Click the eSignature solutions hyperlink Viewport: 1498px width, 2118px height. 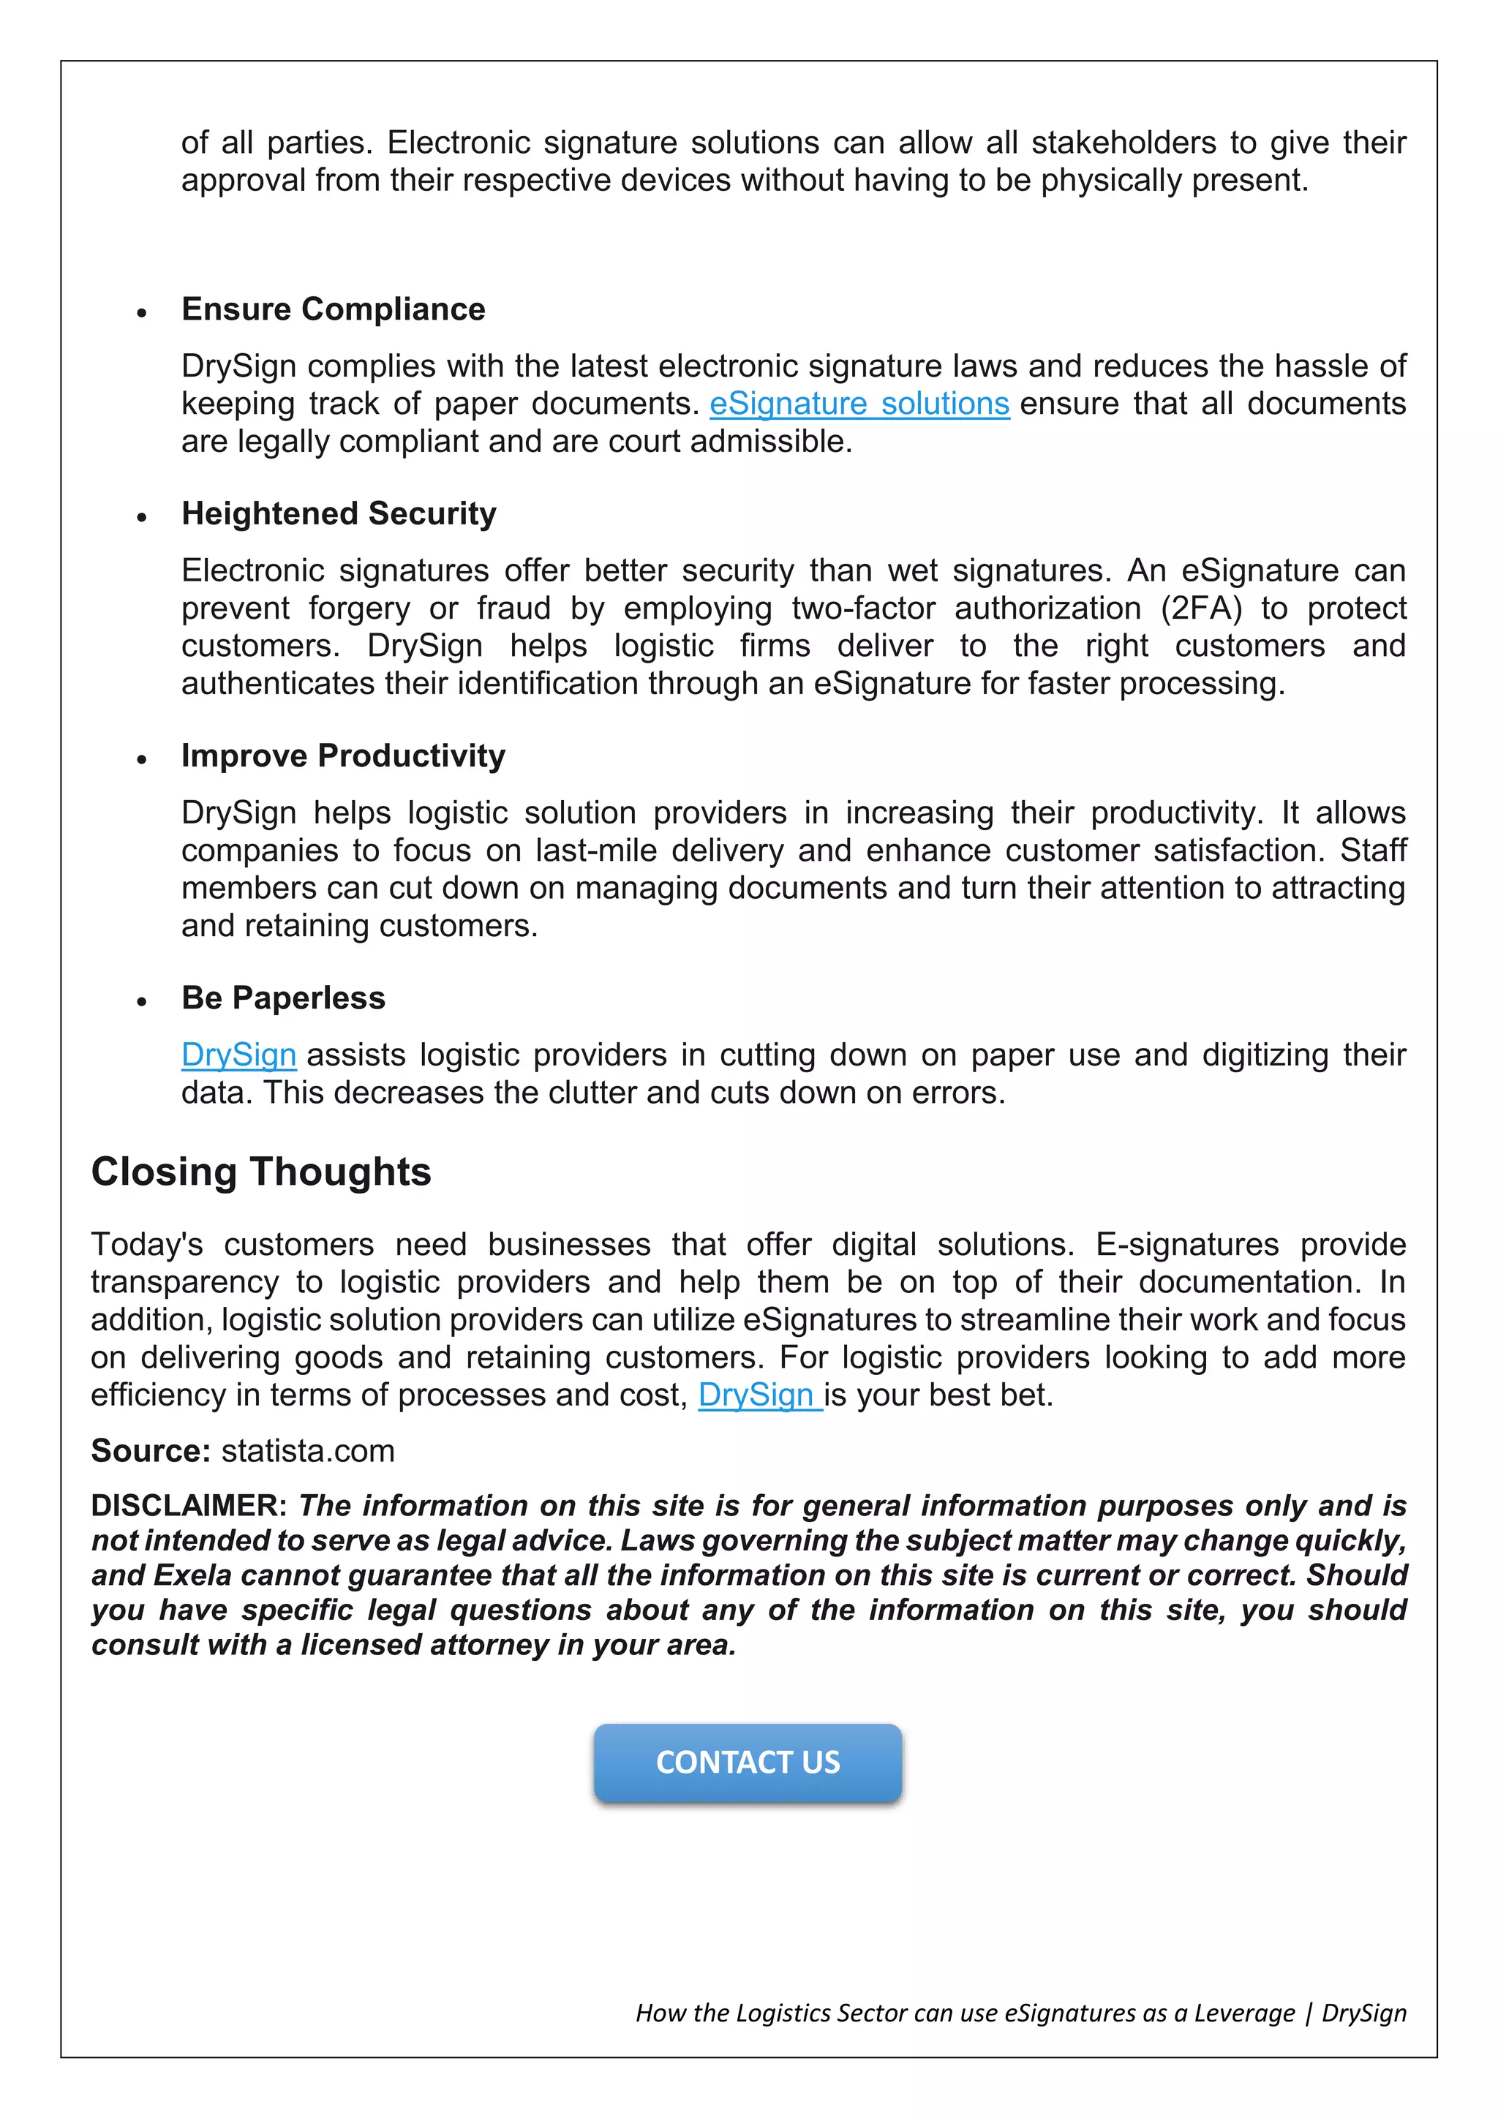click(859, 404)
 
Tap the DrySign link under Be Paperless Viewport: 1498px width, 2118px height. click(239, 1055)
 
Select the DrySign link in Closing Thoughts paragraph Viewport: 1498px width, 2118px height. click(759, 1395)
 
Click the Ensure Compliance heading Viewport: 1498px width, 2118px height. click(333, 309)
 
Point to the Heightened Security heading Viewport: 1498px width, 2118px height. click(339, 514)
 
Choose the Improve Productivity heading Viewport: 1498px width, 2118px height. click(343, 755)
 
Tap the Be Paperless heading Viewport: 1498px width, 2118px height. click(283, 998)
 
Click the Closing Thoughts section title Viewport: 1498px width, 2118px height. click(261, 1172)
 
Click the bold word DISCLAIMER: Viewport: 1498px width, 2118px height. click(189, 1505)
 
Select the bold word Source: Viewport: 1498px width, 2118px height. click(151, 1451)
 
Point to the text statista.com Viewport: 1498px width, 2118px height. click(308, 1451)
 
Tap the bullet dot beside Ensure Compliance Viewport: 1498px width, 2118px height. click(141, 314)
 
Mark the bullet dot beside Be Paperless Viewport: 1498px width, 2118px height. click(141, 1002)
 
